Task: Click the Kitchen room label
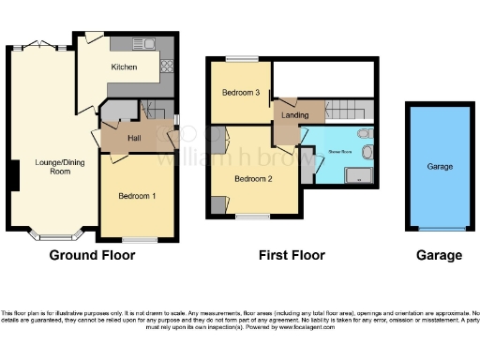click(x=125, y=67)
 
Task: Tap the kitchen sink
click(x=148, y=44)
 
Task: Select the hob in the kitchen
click(x=168, y=66)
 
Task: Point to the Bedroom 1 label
click(x=137, y=196)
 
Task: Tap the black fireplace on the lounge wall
click(x=13, y=174)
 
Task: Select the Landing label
click(x=294, y=114)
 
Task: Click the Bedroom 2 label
click(x=253, y=178)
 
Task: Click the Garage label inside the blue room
click(x=439, y=167)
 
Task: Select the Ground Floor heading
click(x=89, y=255)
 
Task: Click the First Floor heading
click(x=292, y=255)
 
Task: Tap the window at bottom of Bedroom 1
click(x=140, y=240)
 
